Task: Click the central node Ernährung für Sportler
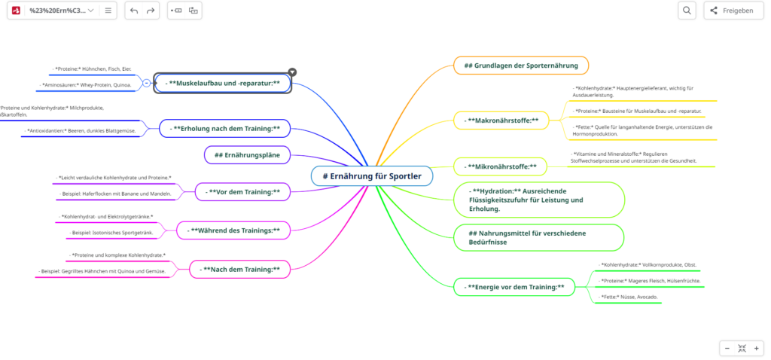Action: [372, 176]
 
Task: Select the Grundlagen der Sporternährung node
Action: [521, 66]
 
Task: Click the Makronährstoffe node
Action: [502, 121]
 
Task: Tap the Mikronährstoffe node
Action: [501, 166]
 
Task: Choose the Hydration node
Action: [539, 200]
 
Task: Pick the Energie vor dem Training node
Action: [514, 287]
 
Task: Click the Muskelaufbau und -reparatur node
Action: [223, 83]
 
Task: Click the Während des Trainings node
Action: [233, 230]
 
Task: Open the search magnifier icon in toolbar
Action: [687, 11]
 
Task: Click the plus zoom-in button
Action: [757, 348]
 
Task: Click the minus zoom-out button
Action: [727, 348]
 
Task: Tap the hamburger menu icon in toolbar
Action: [108, 11]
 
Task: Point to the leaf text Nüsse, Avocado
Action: [630, 297]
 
